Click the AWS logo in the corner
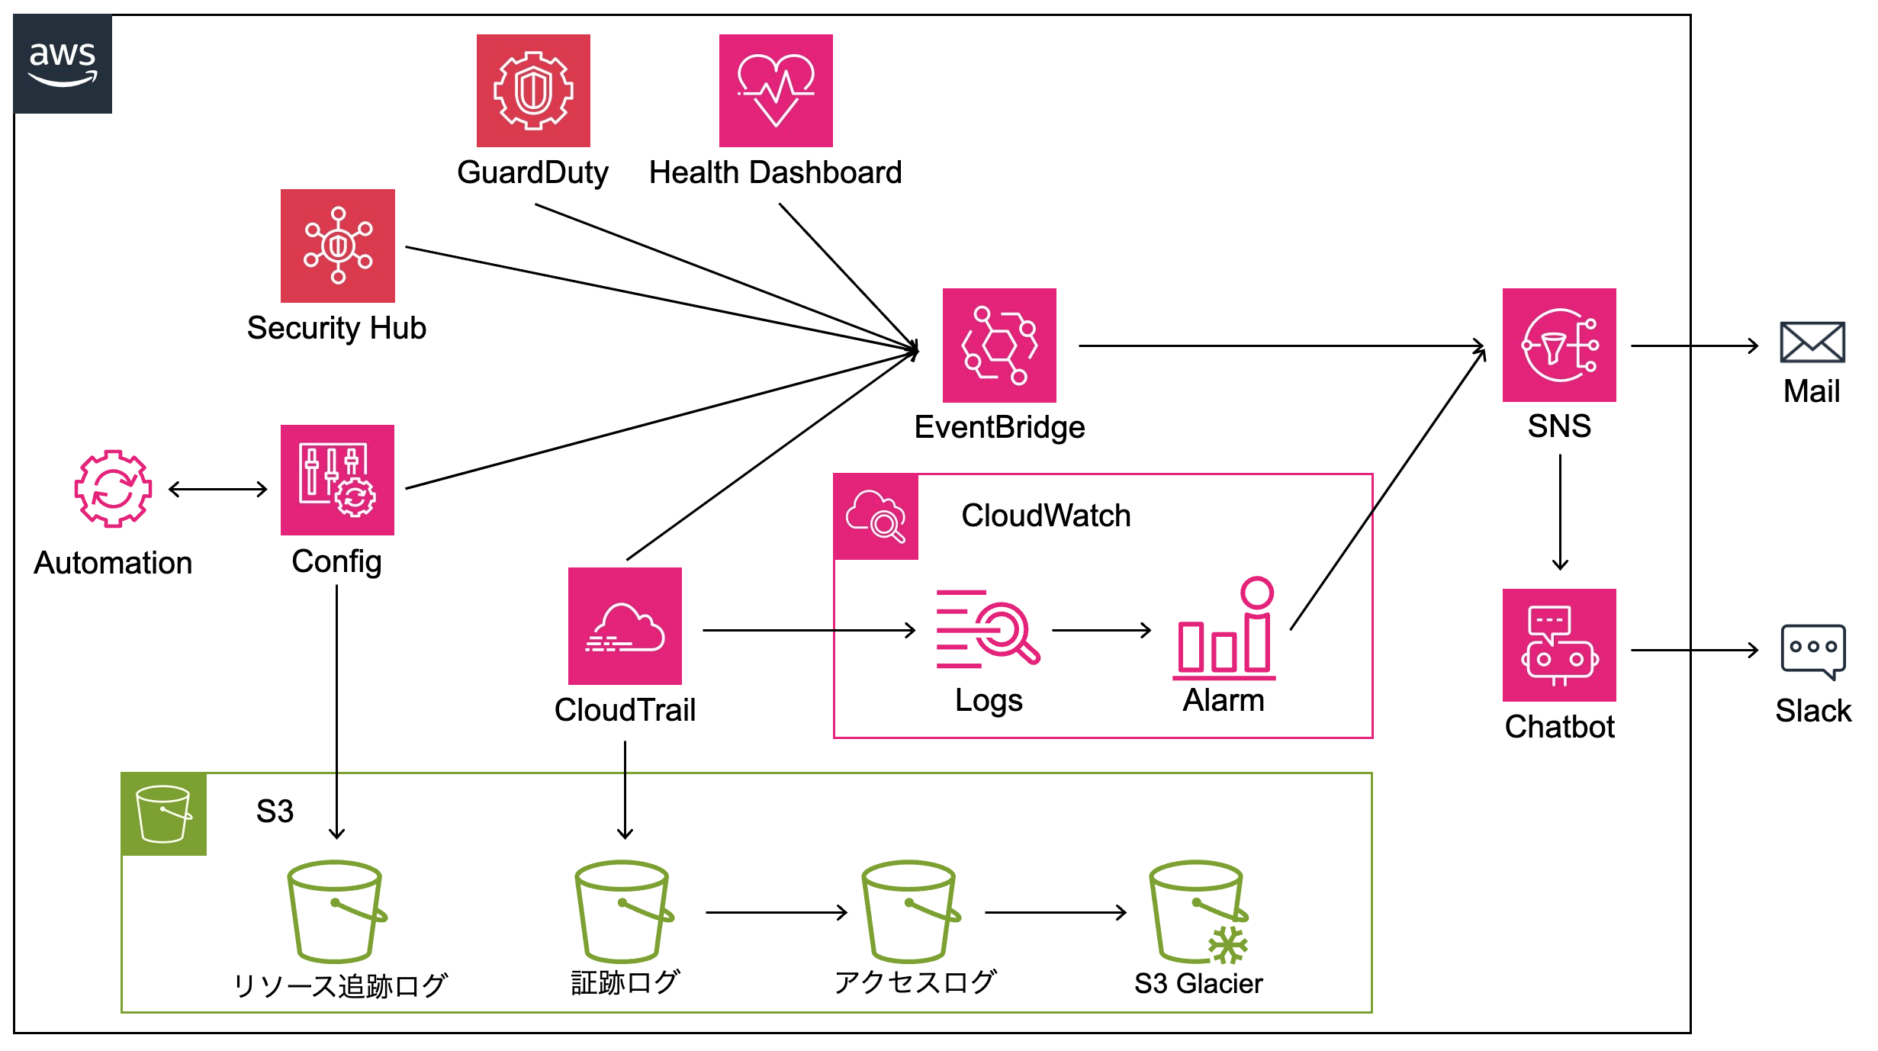point(63,64)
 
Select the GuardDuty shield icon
point(533,91)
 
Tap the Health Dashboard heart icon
point(776,91)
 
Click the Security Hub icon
point(338,246)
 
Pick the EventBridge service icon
point(999,345)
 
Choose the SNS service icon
point(1559,345)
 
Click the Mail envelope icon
point(1812,342)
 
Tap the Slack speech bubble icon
point(1812,651)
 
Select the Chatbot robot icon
point(1559,645)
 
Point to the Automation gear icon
point(113,488)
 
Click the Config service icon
point(337,481)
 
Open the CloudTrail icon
point(625,626)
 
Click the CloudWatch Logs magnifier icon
point(988,629)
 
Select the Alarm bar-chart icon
point(1224,629)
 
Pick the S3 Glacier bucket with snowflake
point(1198,912)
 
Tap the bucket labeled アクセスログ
point(910,912)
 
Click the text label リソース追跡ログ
point(339,985)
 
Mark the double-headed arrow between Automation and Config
point(217,489)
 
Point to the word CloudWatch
point(1046,516)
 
